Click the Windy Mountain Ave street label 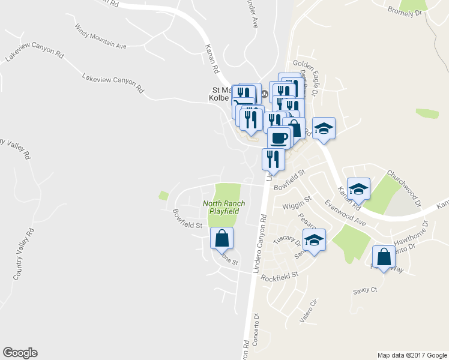click(101, 37)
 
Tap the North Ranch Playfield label click(220, 207)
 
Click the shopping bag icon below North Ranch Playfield click(221, 238)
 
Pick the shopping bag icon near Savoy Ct click(384, 257)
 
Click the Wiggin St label click(297, 203)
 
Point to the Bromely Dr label click(406, 11)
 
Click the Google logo click(20, 353)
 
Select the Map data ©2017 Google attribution click(411, 355)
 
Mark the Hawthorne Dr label click(411, 233)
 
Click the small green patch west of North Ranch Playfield click(163, 195)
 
